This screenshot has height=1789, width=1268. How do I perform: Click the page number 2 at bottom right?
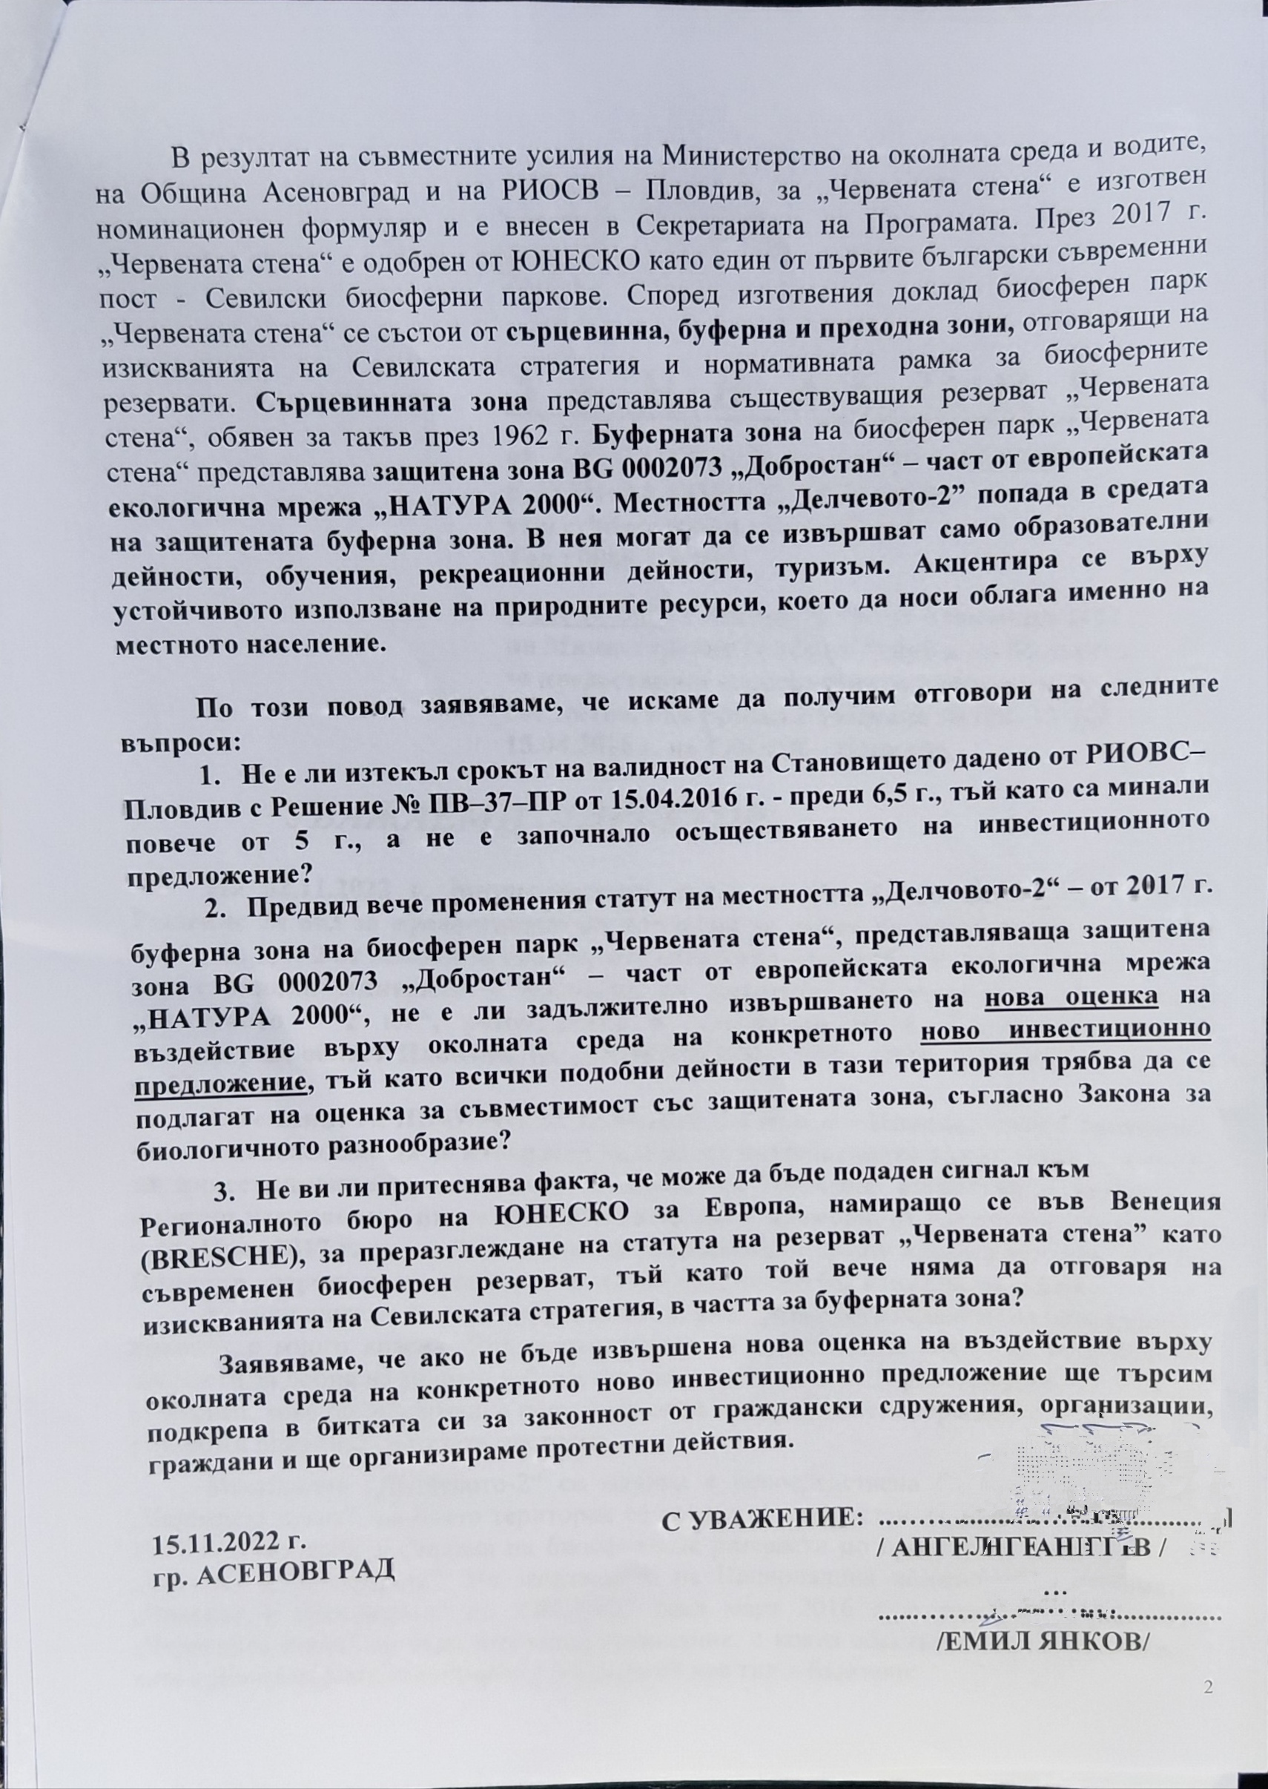point(1209,1684)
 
